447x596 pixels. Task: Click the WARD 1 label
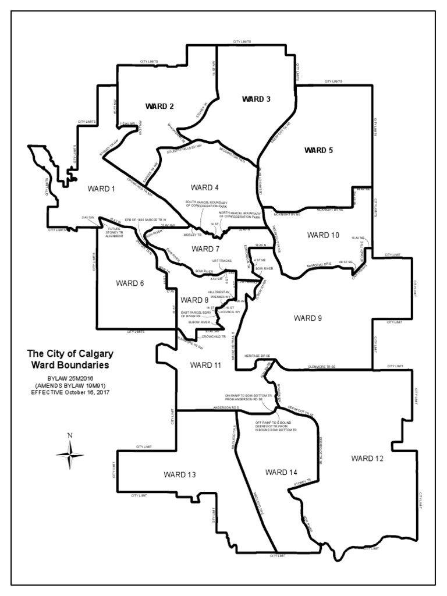102,189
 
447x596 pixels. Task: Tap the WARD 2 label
159,106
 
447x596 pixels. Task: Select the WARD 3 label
256,99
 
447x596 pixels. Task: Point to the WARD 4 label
204,187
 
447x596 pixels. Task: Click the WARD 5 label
319,150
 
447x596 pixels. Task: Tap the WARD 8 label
194,300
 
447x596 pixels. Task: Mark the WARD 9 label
308,318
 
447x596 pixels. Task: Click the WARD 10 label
322,235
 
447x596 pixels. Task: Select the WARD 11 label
205,365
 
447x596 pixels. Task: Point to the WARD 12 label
367,459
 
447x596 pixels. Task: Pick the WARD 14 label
281,471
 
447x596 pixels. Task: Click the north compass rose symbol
70,453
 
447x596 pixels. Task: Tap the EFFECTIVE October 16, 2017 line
70,392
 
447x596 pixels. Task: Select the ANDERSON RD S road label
227,408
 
